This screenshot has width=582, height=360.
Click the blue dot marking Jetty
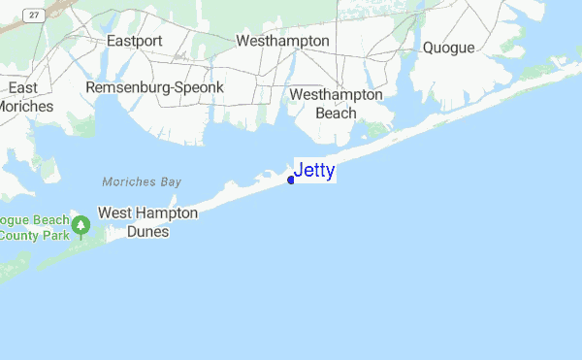tap(291, 180)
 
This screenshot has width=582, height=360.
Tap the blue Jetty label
tap(314, 171)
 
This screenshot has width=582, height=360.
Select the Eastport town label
tap(135, 42)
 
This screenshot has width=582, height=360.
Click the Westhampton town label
tap(283, 42)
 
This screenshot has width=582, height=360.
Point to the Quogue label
tap(448, 48)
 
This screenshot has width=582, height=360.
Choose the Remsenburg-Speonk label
tap(155, 87)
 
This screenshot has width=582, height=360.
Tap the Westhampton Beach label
tap(337, 104)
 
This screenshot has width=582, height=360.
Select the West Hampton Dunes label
tap(148, 222)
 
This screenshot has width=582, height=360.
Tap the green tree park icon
tap(82, 226)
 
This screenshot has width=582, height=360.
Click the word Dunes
tap(148, 232)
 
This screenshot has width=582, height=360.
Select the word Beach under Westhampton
tap(337, 113)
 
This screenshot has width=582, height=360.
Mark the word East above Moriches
tap(23, 87)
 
